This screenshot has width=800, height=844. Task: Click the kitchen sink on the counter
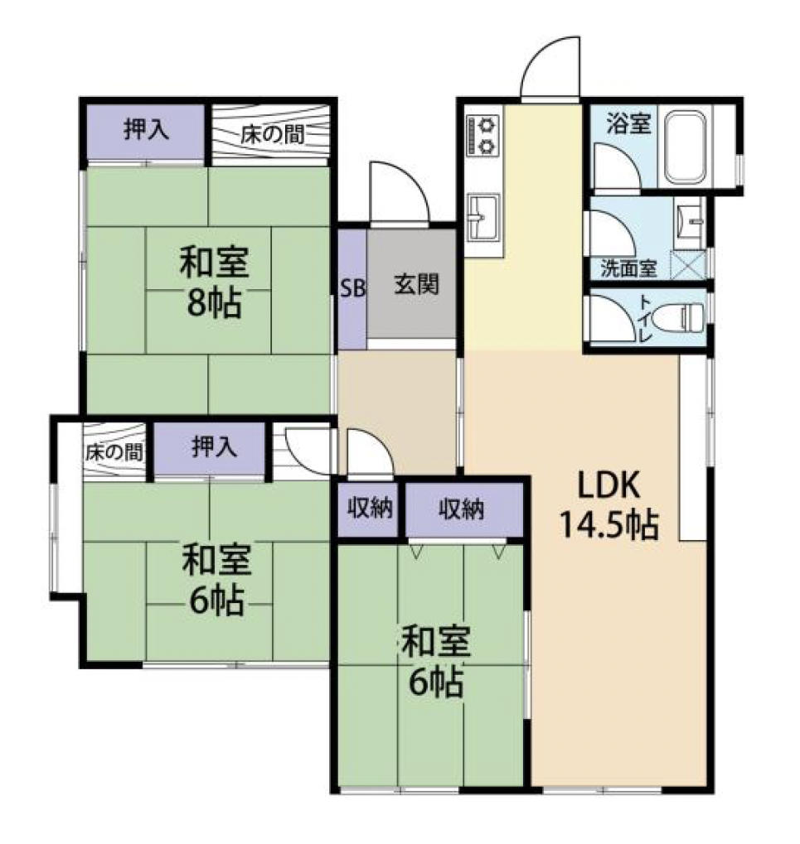pyautogui.click(x=483, y=217)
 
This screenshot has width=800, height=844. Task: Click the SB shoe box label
pyautogui.click(x=352, y=288)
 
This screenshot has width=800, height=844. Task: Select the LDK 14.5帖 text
pyautogui.click(x=609, y=504)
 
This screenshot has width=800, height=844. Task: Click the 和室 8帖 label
pyautogui.click(x=214, y=282)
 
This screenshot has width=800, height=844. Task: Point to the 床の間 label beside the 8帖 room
pyautogui.click(x=272, y=134)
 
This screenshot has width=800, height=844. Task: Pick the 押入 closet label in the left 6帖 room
pyautogui.click(x=214, y=446)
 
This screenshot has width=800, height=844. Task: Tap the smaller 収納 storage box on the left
pyautogui.click(x=368, y=509)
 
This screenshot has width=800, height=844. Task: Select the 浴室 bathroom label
pyautogui.click(x=628, y=123)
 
